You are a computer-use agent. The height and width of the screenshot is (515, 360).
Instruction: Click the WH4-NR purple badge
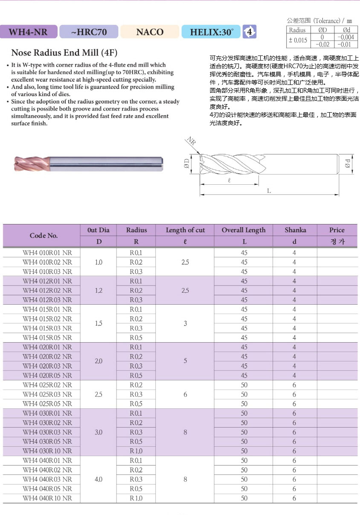28,32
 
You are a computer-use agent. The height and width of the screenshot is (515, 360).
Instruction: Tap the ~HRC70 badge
89,32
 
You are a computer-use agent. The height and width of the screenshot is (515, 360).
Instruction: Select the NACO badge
150,32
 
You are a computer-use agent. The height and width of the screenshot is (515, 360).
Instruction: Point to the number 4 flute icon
250,32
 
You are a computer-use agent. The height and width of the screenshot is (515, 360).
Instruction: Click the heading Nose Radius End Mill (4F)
64,53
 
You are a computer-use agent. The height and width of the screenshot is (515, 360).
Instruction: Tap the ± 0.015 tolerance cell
297,41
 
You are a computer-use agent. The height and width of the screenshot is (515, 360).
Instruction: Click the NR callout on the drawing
191,142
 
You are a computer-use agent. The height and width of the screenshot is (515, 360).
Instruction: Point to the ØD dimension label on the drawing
187,163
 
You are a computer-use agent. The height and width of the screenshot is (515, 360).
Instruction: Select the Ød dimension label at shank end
347,163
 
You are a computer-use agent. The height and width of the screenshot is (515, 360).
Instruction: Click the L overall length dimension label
269,191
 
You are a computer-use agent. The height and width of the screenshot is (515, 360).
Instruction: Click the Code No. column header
44,236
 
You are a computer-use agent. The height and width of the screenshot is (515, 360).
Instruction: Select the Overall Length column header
244,230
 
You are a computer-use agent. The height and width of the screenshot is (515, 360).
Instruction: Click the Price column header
337,230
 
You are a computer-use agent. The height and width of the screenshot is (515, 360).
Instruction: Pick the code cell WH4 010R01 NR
47,253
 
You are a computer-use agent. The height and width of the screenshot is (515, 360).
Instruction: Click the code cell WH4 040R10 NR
47,498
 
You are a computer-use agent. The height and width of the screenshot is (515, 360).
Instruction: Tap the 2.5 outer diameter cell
99,394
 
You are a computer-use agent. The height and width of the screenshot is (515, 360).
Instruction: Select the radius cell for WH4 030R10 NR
136,451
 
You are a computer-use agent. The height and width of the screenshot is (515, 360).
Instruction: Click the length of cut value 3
185,323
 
